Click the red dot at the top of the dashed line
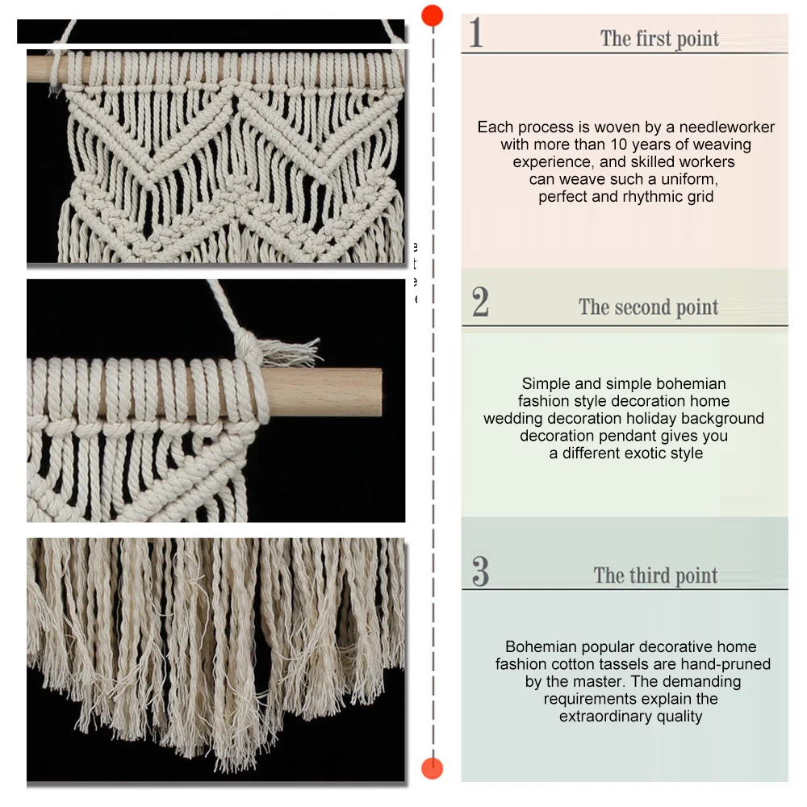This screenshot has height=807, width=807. (432, 15)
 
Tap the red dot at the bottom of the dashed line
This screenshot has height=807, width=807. (432, 768)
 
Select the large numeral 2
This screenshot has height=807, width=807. (480, 302)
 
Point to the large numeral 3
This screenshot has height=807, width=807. (480, 571)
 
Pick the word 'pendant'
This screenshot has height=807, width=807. (638, 437)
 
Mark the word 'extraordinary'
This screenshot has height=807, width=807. (605, 717)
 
